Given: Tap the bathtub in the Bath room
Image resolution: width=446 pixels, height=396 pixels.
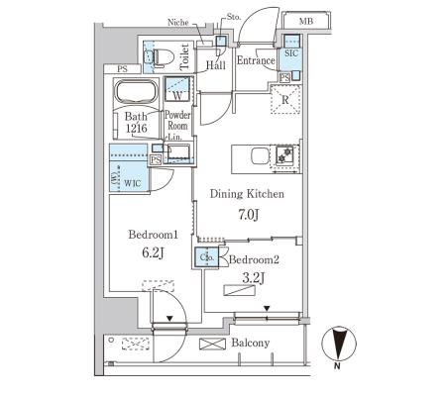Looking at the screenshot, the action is coord(136,91).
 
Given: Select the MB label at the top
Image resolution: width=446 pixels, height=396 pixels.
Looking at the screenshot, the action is coord(306,22).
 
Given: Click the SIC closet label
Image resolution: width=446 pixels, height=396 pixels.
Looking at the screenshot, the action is coord(290,53).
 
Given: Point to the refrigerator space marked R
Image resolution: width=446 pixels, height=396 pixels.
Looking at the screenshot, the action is coord(285,99).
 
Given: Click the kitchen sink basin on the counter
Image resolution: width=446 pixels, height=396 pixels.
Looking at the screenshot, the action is coord(260,155).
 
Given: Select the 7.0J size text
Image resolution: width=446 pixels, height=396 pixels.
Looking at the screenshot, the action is coord(248,215).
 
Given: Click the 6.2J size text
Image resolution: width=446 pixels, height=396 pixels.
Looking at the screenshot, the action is coord(153,252).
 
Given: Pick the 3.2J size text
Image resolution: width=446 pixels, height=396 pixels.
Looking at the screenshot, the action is coord(254,278).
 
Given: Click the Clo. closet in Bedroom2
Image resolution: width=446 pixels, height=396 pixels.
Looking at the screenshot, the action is coord(207,257).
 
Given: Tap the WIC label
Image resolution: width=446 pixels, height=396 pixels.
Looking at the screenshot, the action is coord(133,183).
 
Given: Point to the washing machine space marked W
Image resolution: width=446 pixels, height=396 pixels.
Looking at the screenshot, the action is coord(177,88).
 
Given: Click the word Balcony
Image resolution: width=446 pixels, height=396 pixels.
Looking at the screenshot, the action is coord(251,343).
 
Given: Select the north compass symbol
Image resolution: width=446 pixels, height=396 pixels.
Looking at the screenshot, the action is coord(339,344).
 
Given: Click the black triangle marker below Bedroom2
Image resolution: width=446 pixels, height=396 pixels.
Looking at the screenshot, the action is coord(267,309).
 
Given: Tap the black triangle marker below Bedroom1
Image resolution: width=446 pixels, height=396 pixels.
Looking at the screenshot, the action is coord(169,319).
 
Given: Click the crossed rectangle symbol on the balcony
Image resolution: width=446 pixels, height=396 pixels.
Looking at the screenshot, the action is coord(212,344).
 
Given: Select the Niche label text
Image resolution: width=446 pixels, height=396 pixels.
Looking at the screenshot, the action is coord(177,23).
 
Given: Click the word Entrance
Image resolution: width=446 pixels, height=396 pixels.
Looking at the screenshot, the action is coord(256,60).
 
